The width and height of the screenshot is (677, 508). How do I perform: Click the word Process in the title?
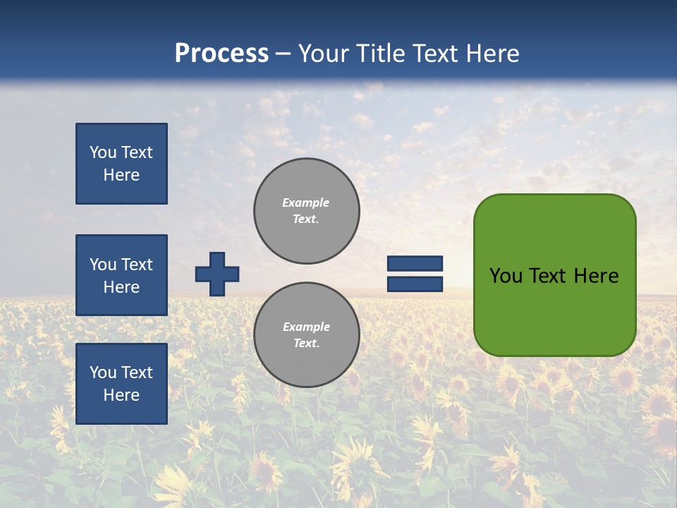pyautogui.click(x=221, y=54)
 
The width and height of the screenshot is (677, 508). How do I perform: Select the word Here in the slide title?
pyautogui.click(x=492, y=54)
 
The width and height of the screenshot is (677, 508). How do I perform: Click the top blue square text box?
pyautogui.click(x=121, y=164)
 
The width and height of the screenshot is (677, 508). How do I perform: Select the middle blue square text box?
pyautogui.click(x=121, y=275)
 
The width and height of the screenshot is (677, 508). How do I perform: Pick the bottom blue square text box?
pyautogui.click(x=121, y=384)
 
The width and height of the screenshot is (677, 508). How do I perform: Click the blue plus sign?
pyautogui.click(x=217, y=274)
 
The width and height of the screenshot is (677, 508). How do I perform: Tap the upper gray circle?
pyautogui.click(x=307, y=211)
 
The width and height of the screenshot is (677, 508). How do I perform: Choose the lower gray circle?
pyautogui.click(x=307, y=335)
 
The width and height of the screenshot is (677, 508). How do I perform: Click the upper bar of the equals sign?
pyautogui.click(x=415, y=264)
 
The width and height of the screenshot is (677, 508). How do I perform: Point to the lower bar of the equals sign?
pyautogui.click(x=415, y=284)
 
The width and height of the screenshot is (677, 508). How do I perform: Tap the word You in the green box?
pyautogui.click(x=506, y=276)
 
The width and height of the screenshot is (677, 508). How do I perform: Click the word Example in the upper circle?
pyautogui.click(x=306, y=203)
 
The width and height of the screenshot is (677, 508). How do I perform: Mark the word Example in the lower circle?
pyautogui.click(x=306, y=327)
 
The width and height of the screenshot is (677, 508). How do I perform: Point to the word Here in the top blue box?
pyautogui.click(x=121, y=175)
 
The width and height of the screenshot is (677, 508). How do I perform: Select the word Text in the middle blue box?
pyautogui.click(x=137, y=265)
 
